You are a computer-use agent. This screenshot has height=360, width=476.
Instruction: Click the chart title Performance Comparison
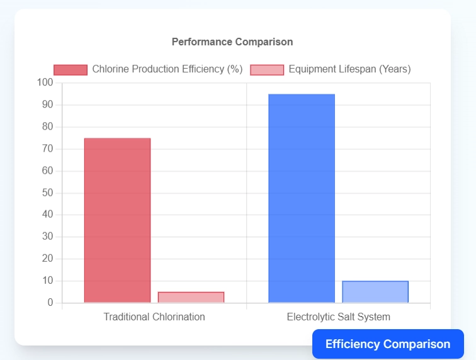232,42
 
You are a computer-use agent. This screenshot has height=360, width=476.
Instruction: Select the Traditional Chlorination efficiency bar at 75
117,220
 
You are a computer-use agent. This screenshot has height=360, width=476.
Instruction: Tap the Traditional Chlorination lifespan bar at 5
191,297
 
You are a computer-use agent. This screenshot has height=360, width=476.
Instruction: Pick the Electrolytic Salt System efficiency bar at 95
302,198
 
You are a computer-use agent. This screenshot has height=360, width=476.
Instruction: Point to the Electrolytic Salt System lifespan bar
375,292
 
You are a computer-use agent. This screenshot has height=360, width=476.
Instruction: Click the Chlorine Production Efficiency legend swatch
71,69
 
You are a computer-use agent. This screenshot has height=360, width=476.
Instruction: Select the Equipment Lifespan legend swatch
267,69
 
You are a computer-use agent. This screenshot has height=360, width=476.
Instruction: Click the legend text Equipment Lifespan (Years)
349,69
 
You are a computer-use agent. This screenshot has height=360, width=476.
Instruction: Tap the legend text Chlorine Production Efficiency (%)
167,69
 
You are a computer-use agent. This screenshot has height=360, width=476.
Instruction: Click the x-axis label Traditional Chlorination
154,317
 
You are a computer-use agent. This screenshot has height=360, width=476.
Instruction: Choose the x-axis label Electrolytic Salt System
338,317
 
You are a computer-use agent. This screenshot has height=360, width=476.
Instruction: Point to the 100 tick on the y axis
45,82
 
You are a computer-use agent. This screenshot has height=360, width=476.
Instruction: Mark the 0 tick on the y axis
50,303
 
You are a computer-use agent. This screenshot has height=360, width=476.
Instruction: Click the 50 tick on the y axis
48,193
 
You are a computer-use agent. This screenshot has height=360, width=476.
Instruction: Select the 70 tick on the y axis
48,149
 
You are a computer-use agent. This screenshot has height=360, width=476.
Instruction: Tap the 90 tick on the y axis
48,104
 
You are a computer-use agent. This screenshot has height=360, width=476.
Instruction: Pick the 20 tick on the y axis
48,259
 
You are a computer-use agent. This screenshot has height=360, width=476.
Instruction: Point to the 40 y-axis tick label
48,215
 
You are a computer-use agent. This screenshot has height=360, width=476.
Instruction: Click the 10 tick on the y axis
48,281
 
